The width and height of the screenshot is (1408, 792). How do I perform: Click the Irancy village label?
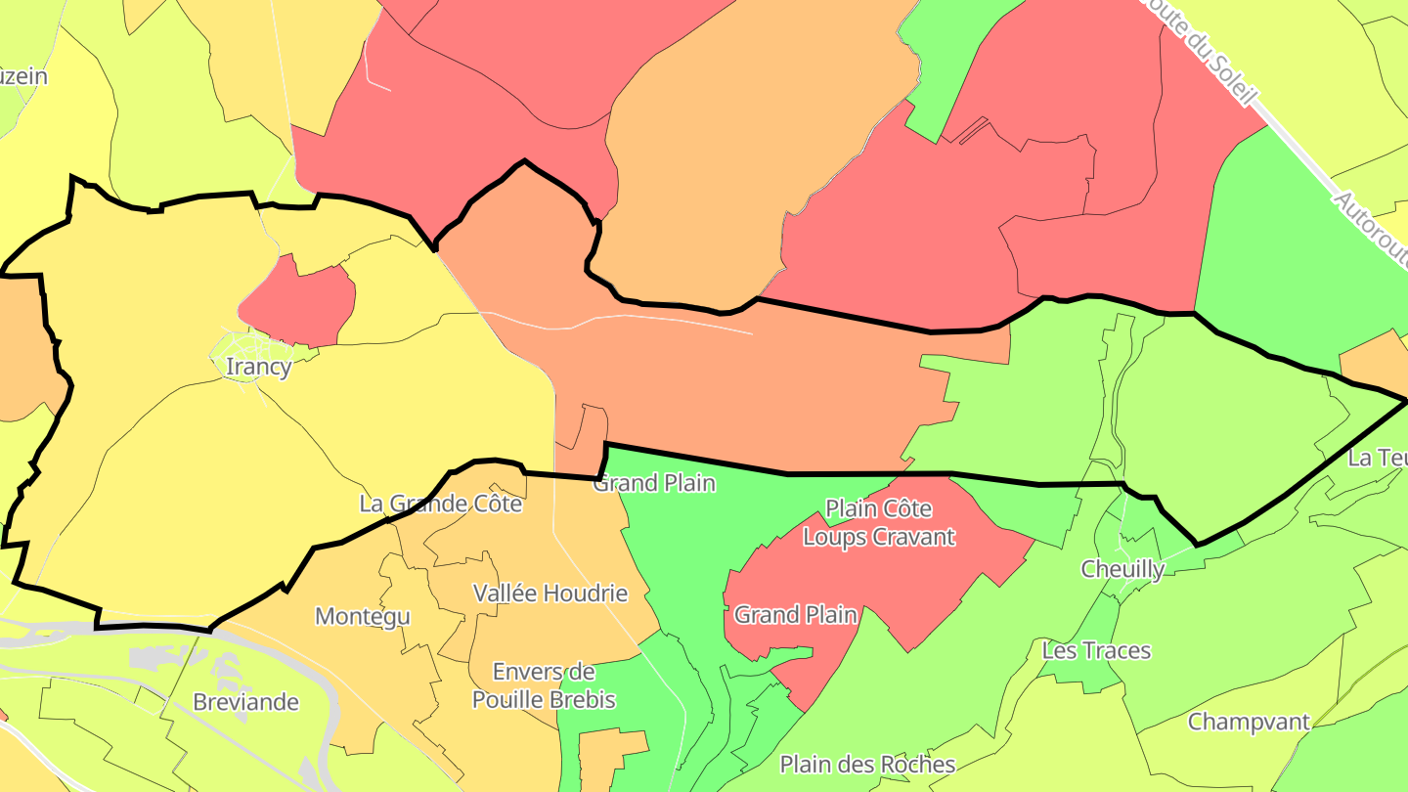(x=258, y=367)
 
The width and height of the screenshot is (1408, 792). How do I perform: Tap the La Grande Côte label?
(x=440, y=504)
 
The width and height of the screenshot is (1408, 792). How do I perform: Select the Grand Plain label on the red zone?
(x=795, y=615)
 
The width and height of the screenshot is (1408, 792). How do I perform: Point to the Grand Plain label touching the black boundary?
(x=654, y=482)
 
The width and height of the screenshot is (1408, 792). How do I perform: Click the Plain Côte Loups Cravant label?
(x=878, y=522)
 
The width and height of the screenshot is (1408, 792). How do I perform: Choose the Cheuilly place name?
(x=1122, y=569)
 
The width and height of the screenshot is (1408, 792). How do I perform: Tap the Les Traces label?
(x=1096, y=650)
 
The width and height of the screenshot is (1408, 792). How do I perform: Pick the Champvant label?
(x=1248, y=722)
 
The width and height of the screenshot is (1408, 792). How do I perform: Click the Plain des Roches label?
(x=866, y=764)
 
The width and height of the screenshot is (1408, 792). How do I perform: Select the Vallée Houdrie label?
(x=550, y=593)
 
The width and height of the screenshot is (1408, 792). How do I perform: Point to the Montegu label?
(x=362, y=616)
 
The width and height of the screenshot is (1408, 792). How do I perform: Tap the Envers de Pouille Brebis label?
(x=544, y=685)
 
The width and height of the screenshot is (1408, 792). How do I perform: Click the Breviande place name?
(x=245, y=702)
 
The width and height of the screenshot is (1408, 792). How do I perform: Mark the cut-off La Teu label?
(x=1377, y=458)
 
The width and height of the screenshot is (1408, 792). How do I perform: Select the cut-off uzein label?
(x=23, y=75)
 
